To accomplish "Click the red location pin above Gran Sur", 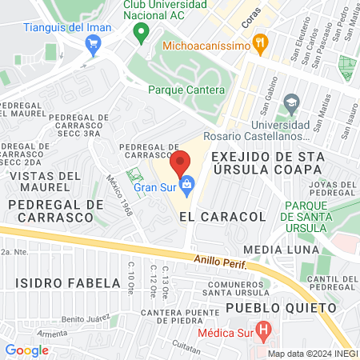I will (181, 161).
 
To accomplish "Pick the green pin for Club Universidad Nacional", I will (142, 33).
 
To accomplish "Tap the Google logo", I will (26, 350).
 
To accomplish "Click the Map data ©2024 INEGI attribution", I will (312, 354).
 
